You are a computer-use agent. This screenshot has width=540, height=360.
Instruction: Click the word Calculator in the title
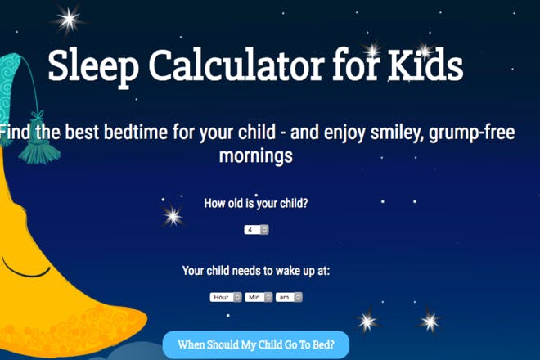[x=236, y=65]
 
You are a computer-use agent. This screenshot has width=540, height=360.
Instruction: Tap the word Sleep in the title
[x=93, y=68]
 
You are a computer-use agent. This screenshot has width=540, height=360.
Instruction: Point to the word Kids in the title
[x=425, y=65]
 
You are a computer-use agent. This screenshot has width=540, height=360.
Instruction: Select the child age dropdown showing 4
[x=256, y=229]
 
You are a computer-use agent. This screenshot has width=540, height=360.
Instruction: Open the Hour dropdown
[x=226, y=297]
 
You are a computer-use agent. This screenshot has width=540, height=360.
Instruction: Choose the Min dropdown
[x=259, y=297]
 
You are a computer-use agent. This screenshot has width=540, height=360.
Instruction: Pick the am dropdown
[x=289, y=297]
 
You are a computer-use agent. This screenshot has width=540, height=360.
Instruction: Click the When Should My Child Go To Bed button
[x=256, y=344]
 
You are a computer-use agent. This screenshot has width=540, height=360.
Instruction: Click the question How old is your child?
[x=256, y=203]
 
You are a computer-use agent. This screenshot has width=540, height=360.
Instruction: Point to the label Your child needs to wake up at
[x=256, y=271]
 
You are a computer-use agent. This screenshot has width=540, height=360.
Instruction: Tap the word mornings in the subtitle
[x=256, y=155]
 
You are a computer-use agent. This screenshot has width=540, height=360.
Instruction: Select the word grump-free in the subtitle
[x=472, y=133]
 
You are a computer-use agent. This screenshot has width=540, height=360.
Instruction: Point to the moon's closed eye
[x=25, y=268]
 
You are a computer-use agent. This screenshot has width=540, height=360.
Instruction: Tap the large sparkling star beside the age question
[x=173, y=216]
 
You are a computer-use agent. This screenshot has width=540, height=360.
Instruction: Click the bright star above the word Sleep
[x=69, y=20]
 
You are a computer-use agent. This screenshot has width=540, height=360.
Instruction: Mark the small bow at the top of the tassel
[x=38, y=115]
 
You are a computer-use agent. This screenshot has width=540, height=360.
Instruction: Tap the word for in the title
[x=356, y=65]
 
